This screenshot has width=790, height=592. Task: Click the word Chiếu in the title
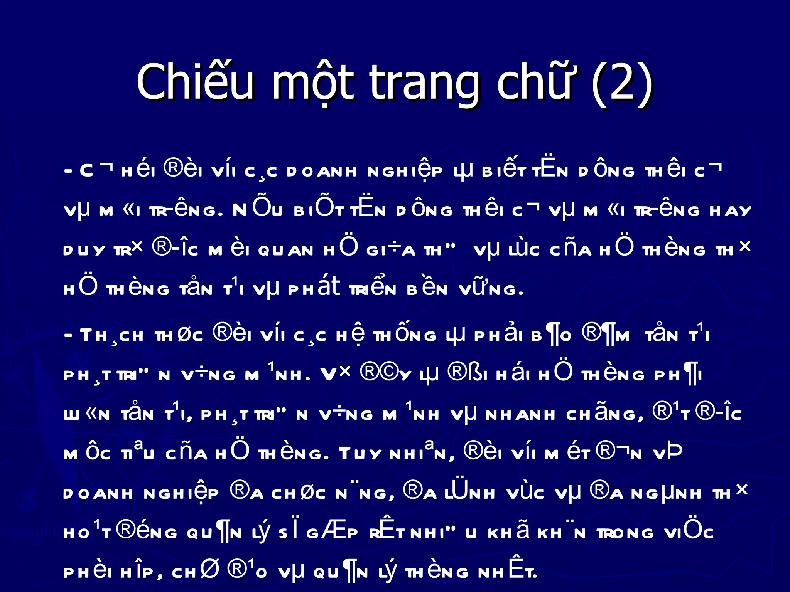point(195,82)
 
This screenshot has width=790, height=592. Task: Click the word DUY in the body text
point(84,251)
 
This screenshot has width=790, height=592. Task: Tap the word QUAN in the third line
point(285,251)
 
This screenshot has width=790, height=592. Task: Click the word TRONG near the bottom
point(625,533)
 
